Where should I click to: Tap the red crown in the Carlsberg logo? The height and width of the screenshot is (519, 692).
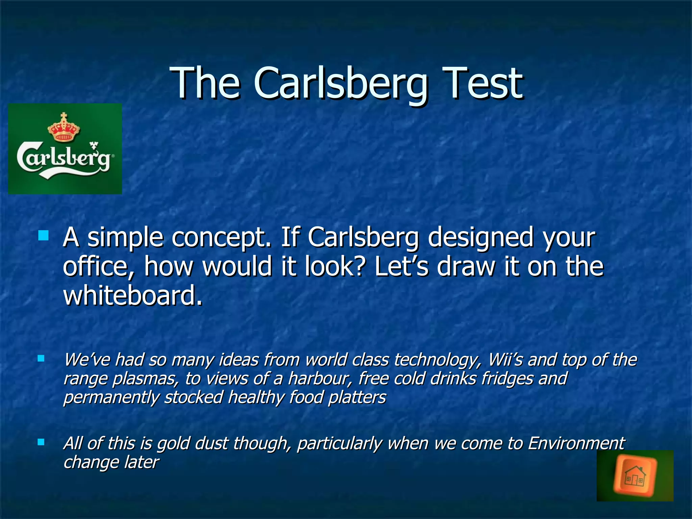pyautogui.click(x=64, y=128)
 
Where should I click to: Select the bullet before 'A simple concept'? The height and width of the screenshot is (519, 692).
pyautogui.click(x=43, y=236)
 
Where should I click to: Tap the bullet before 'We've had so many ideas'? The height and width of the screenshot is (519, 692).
pyautogui.click(x=41, y=359)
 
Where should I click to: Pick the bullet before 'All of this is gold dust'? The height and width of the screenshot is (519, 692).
pyautogui.click(x=41, y=442)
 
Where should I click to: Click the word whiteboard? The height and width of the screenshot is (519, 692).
pyautogui.click(x=132, y=295)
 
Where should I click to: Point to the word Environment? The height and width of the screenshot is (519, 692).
pyautogui.click(x=576, y=443)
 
